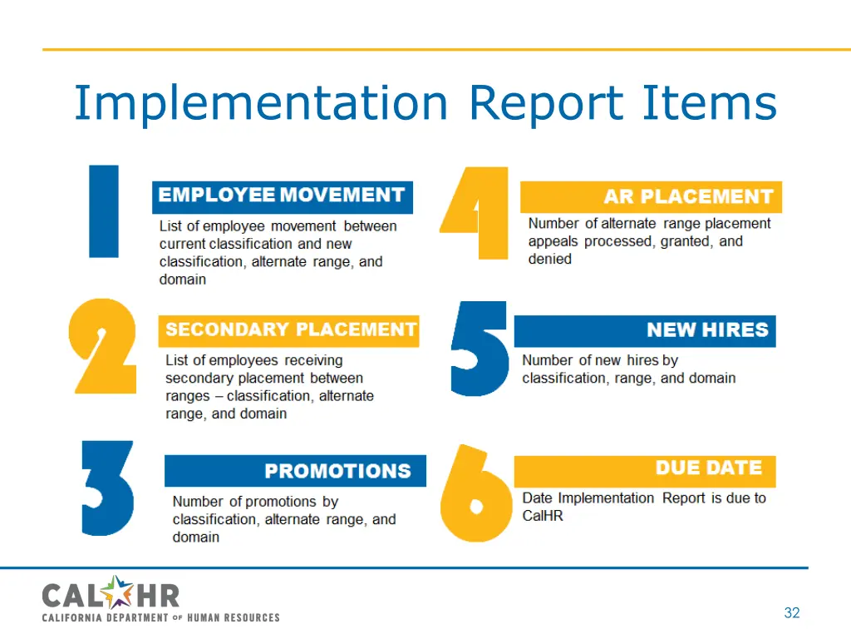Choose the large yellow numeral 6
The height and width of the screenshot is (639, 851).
coord(475,494)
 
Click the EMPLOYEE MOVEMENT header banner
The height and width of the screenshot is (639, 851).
coord(282,196)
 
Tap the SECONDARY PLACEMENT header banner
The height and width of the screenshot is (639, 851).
coord(289,330)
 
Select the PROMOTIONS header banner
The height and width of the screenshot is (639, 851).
coord(295,471)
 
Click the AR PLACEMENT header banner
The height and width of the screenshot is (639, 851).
coord(651,197)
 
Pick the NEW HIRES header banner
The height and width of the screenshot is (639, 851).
coord(645,330)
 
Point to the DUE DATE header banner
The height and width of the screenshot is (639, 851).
coord(645,468)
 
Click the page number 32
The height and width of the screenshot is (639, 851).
coord(791,613)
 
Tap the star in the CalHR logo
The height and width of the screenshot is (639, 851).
coord(120,593)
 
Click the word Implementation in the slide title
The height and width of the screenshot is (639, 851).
coord(260,104)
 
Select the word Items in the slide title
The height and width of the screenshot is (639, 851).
coord(709,104)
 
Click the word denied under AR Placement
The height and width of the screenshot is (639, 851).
coord(550,259)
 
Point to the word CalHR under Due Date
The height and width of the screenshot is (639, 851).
coord(543,516)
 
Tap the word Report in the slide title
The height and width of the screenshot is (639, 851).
coord(545,104)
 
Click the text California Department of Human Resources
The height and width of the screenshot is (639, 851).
coord(161,617)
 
